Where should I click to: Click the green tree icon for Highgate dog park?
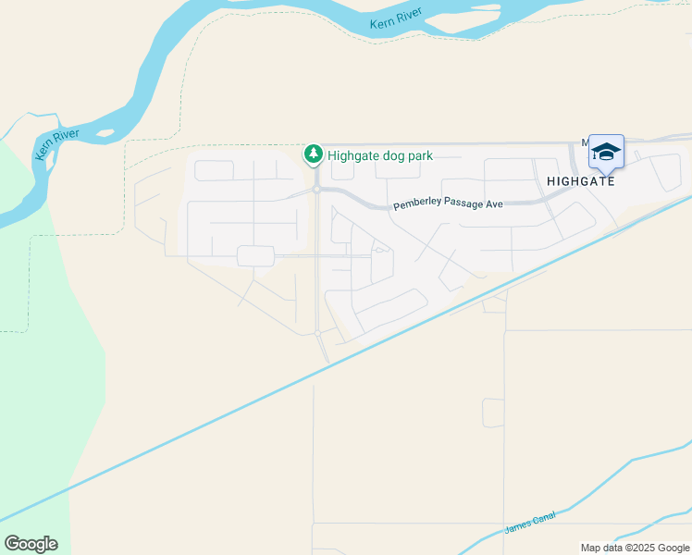click(x=315, y=154)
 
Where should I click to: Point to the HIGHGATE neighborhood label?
click(x=580, y=181)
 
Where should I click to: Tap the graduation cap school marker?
click(x=606, y=151)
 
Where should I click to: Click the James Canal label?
click(x=528, y=524)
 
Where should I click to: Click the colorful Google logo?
click(x=31, y=544)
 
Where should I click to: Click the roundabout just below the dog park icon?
click(x=316, y=189)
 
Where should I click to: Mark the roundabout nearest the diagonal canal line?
click(x=317, y=333)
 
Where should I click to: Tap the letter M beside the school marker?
click(x=586, y=142)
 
